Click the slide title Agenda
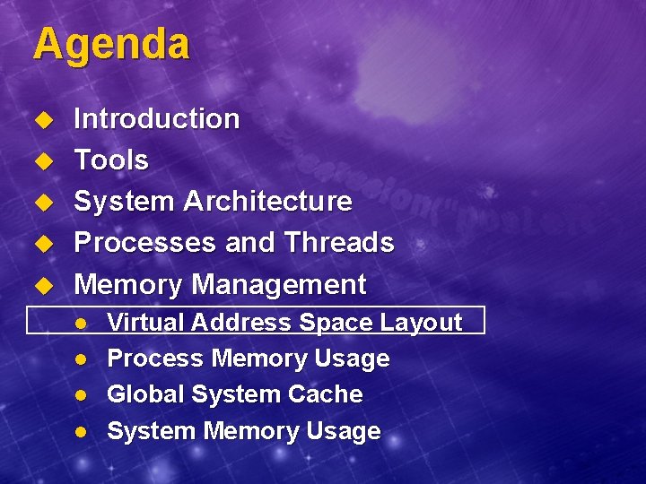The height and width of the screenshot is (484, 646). [x=111, y=45]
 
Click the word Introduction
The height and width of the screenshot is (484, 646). [x=156, y=118]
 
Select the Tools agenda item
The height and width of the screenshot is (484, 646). [x=110, y=160]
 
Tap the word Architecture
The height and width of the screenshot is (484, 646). [x=267, y=202]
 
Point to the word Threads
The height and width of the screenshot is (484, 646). [x=338, y=243]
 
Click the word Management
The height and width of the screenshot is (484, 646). [x=279, y=285]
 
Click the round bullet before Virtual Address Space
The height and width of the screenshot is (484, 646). [x=80, y=324]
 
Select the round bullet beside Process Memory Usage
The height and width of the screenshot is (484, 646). [x=80, y=359]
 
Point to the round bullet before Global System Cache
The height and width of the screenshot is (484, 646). [x=80, y=395]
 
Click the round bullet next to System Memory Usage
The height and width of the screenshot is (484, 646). [x=80, y=432]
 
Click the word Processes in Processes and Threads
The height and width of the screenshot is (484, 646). [x=131, y=243]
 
